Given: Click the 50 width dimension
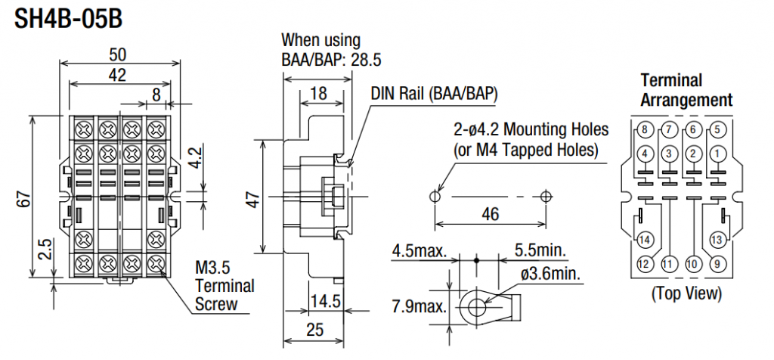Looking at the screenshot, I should click(x=117, y=55).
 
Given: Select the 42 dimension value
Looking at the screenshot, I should click(x=117, y=75).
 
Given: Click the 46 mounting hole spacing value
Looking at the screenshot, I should click(x=490, y=215).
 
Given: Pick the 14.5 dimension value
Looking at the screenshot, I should click(x=326, y=301).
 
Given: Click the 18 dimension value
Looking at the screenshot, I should click(x=317, y=93).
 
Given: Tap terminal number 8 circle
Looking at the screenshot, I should click(x=644, y=129).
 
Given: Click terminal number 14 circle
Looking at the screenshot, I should click(x=644, y=241).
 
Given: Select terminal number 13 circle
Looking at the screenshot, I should click(x=717, y=241).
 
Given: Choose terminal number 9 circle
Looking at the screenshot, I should click(x=717, y=265).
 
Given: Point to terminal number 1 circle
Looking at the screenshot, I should click(x=717, y=154).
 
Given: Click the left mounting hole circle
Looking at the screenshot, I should click(x=434, y=196).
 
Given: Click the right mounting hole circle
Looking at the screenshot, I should click(x=546, y=196).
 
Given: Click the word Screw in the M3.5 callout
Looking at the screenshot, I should click(x=216, y=305).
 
